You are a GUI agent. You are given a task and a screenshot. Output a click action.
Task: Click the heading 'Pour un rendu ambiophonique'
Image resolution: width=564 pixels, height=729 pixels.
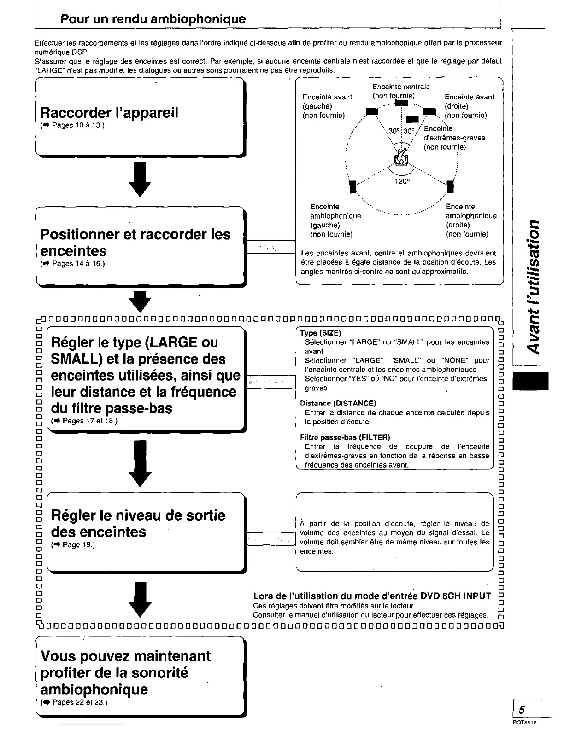(153, 19)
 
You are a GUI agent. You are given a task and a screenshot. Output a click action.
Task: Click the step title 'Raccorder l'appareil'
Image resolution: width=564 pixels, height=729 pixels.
(109, 113)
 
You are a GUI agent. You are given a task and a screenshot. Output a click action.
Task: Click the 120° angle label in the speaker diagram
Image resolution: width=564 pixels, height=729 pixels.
(402, 181)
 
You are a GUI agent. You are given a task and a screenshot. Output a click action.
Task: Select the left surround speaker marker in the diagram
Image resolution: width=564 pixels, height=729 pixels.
(353, 187)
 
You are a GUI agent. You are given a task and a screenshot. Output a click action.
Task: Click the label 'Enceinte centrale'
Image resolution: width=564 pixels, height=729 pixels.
(401, 87)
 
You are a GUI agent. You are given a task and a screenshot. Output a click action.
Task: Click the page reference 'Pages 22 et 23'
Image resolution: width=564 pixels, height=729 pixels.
(78, 702)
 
